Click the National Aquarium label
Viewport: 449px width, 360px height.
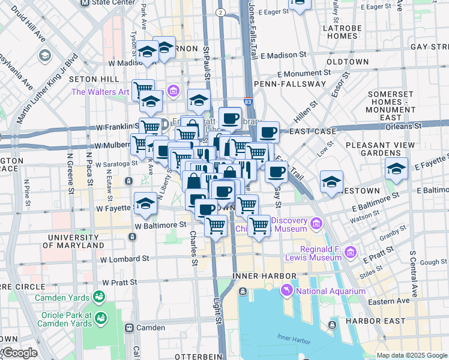click(331, 291)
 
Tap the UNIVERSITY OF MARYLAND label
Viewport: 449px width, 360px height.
click(76, 241)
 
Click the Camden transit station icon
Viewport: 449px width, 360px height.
click(129, 328)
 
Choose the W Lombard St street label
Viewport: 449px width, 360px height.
click(125, 259)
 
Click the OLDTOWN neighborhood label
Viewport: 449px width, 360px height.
click(348, 61)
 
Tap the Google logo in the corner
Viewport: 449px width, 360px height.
click(19, 353)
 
